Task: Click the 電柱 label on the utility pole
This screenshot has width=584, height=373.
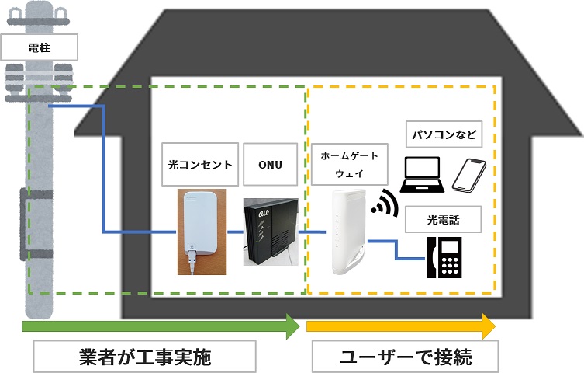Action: tap(39, 47)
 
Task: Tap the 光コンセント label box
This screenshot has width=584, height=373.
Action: tap(200, 164)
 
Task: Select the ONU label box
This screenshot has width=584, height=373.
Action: tap(271, 164)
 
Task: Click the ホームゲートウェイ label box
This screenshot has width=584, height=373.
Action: tap(349, 164)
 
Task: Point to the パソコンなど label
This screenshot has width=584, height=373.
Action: tap(444, 134)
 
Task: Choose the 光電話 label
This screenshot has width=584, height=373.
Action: tap(443, 220)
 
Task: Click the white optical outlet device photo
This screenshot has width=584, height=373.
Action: tap(202, 232)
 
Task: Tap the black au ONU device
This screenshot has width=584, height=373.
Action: tap(271, 232)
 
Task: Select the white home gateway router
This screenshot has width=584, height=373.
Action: tap(349, 232)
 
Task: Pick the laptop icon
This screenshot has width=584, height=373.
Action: tap(423, 175)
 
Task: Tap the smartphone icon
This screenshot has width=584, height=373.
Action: tap(469, 176)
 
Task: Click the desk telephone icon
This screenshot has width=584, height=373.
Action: tap(444, 257)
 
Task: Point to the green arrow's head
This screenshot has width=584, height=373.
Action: tap(293, 326)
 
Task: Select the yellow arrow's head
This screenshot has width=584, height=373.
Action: tap(489, 326)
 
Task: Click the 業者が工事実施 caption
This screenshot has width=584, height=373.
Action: tap(145, 357)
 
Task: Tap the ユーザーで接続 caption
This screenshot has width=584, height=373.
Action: tap(406, 357)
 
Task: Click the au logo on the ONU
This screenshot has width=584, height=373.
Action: tap(264, 214)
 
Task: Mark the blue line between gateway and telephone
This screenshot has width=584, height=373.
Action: tap(396, 249)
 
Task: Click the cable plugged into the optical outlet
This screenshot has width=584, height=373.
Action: tap(192, 263)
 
